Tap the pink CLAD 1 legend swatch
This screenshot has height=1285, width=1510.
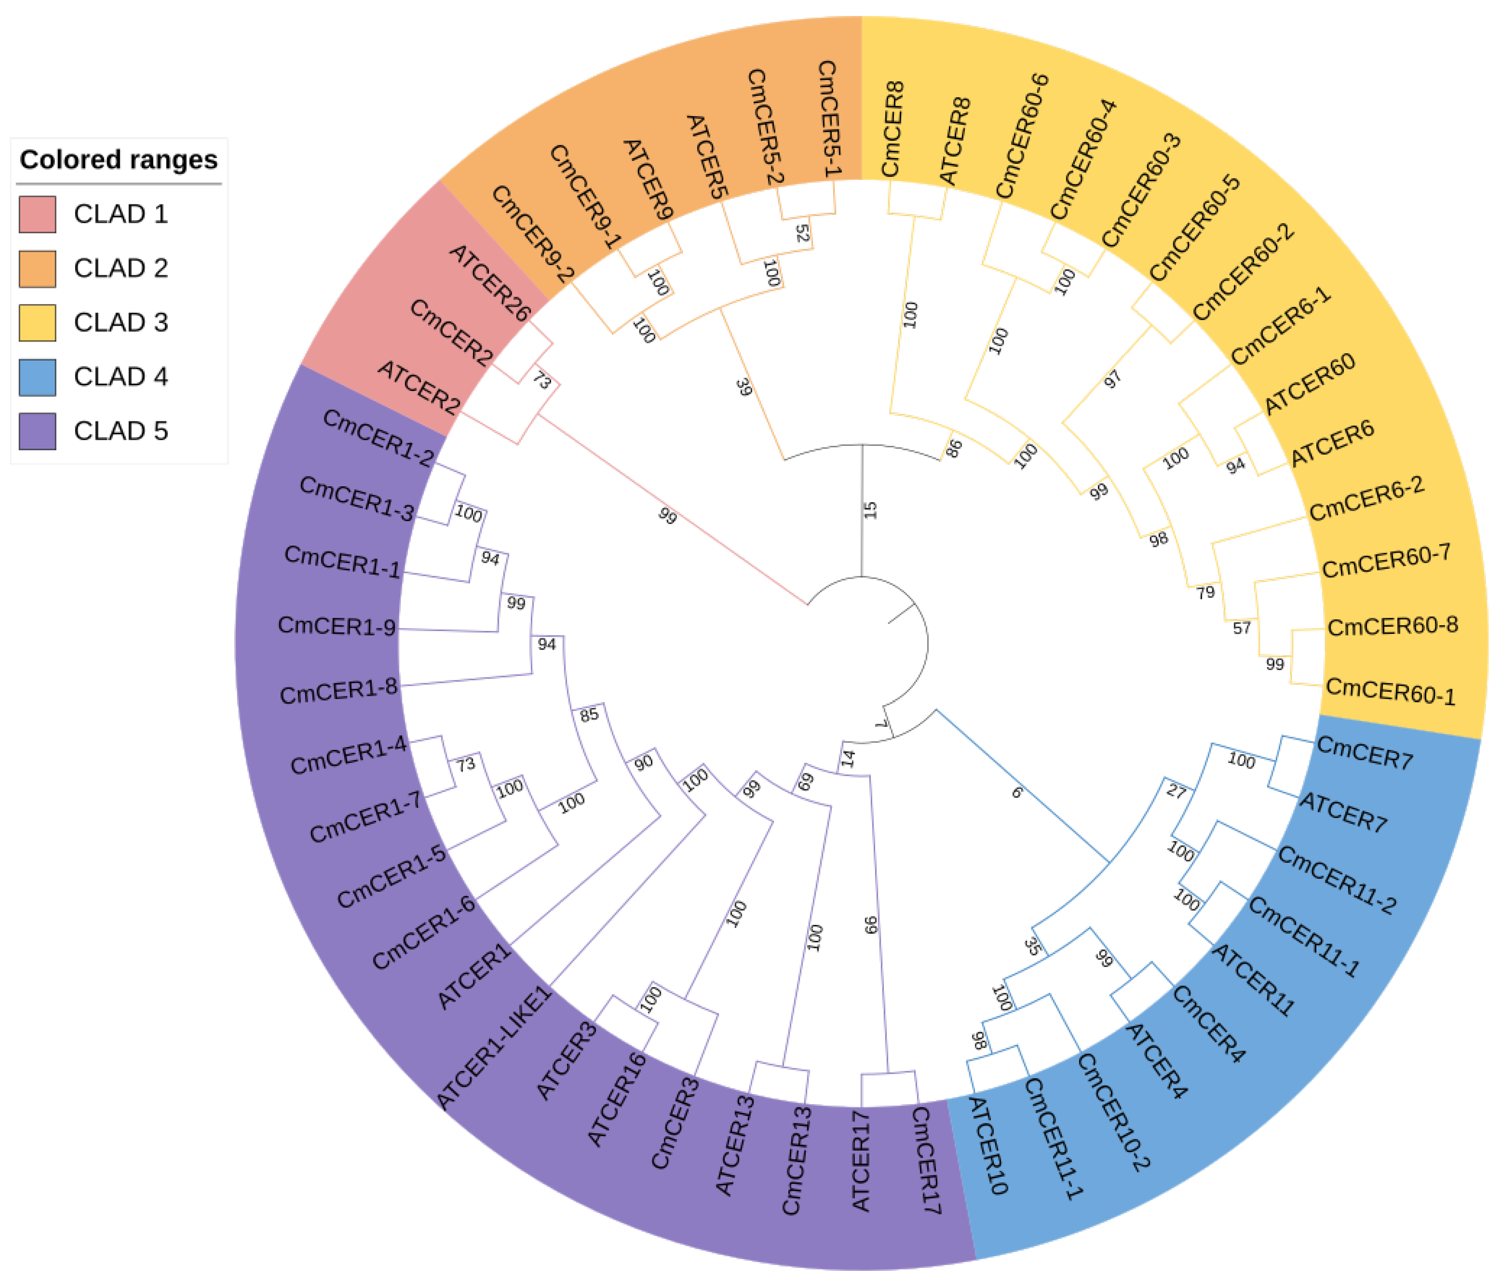point(37,214)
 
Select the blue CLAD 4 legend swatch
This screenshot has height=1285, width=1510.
point(37,377)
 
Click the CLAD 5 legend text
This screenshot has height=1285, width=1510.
point(121,431)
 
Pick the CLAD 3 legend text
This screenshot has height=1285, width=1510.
point(121,322)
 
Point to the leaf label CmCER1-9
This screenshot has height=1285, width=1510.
point(336,626)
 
